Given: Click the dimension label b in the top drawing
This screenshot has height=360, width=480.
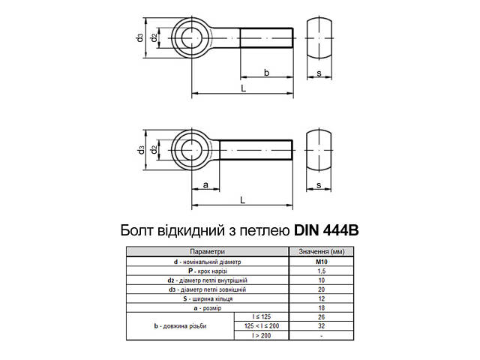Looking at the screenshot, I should tap(267, 73).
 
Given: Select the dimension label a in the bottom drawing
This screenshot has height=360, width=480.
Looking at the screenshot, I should tap(205, 184).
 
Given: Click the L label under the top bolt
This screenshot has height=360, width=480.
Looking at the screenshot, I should tap(243, 88).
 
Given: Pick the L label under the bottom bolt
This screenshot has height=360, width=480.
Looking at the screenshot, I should tap(243, 199).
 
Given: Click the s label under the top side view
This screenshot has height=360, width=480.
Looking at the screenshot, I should tap(319, 73).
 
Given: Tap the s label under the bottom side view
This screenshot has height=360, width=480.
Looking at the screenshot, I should tap(319, 184).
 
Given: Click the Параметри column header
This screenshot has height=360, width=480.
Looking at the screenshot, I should tap(207, 251).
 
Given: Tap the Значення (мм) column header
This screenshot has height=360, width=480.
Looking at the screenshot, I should tap(321, 251).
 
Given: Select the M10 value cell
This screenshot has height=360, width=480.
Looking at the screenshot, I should tap(321, 261).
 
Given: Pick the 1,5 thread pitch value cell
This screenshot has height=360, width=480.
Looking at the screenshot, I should tap(321, 270).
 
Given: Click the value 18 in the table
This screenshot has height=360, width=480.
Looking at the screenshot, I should tap(321, 307).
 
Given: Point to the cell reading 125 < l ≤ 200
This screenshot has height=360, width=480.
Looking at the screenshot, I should tap(261, 325).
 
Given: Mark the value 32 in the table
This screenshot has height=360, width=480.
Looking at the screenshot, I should tap(321, 325).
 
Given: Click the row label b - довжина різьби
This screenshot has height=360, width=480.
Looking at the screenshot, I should tap(179, 325).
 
